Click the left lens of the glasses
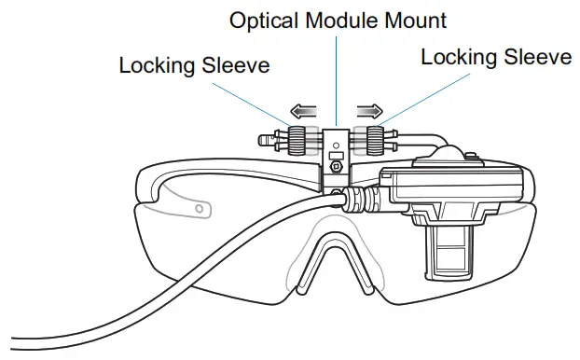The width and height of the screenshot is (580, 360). point(224,252)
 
